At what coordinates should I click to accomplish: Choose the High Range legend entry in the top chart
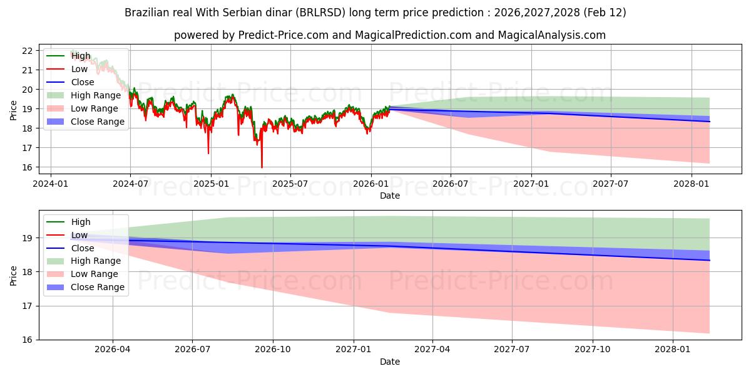[96, 95]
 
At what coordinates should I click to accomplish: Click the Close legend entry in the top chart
[83, 82]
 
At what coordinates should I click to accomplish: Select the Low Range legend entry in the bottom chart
[95, 274]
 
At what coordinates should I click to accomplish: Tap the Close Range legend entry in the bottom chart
[98, 287]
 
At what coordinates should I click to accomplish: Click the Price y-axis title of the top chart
[14, 110]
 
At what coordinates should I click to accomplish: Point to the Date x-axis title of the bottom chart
[389, 362]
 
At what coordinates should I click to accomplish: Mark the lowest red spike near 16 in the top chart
[262, 167]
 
